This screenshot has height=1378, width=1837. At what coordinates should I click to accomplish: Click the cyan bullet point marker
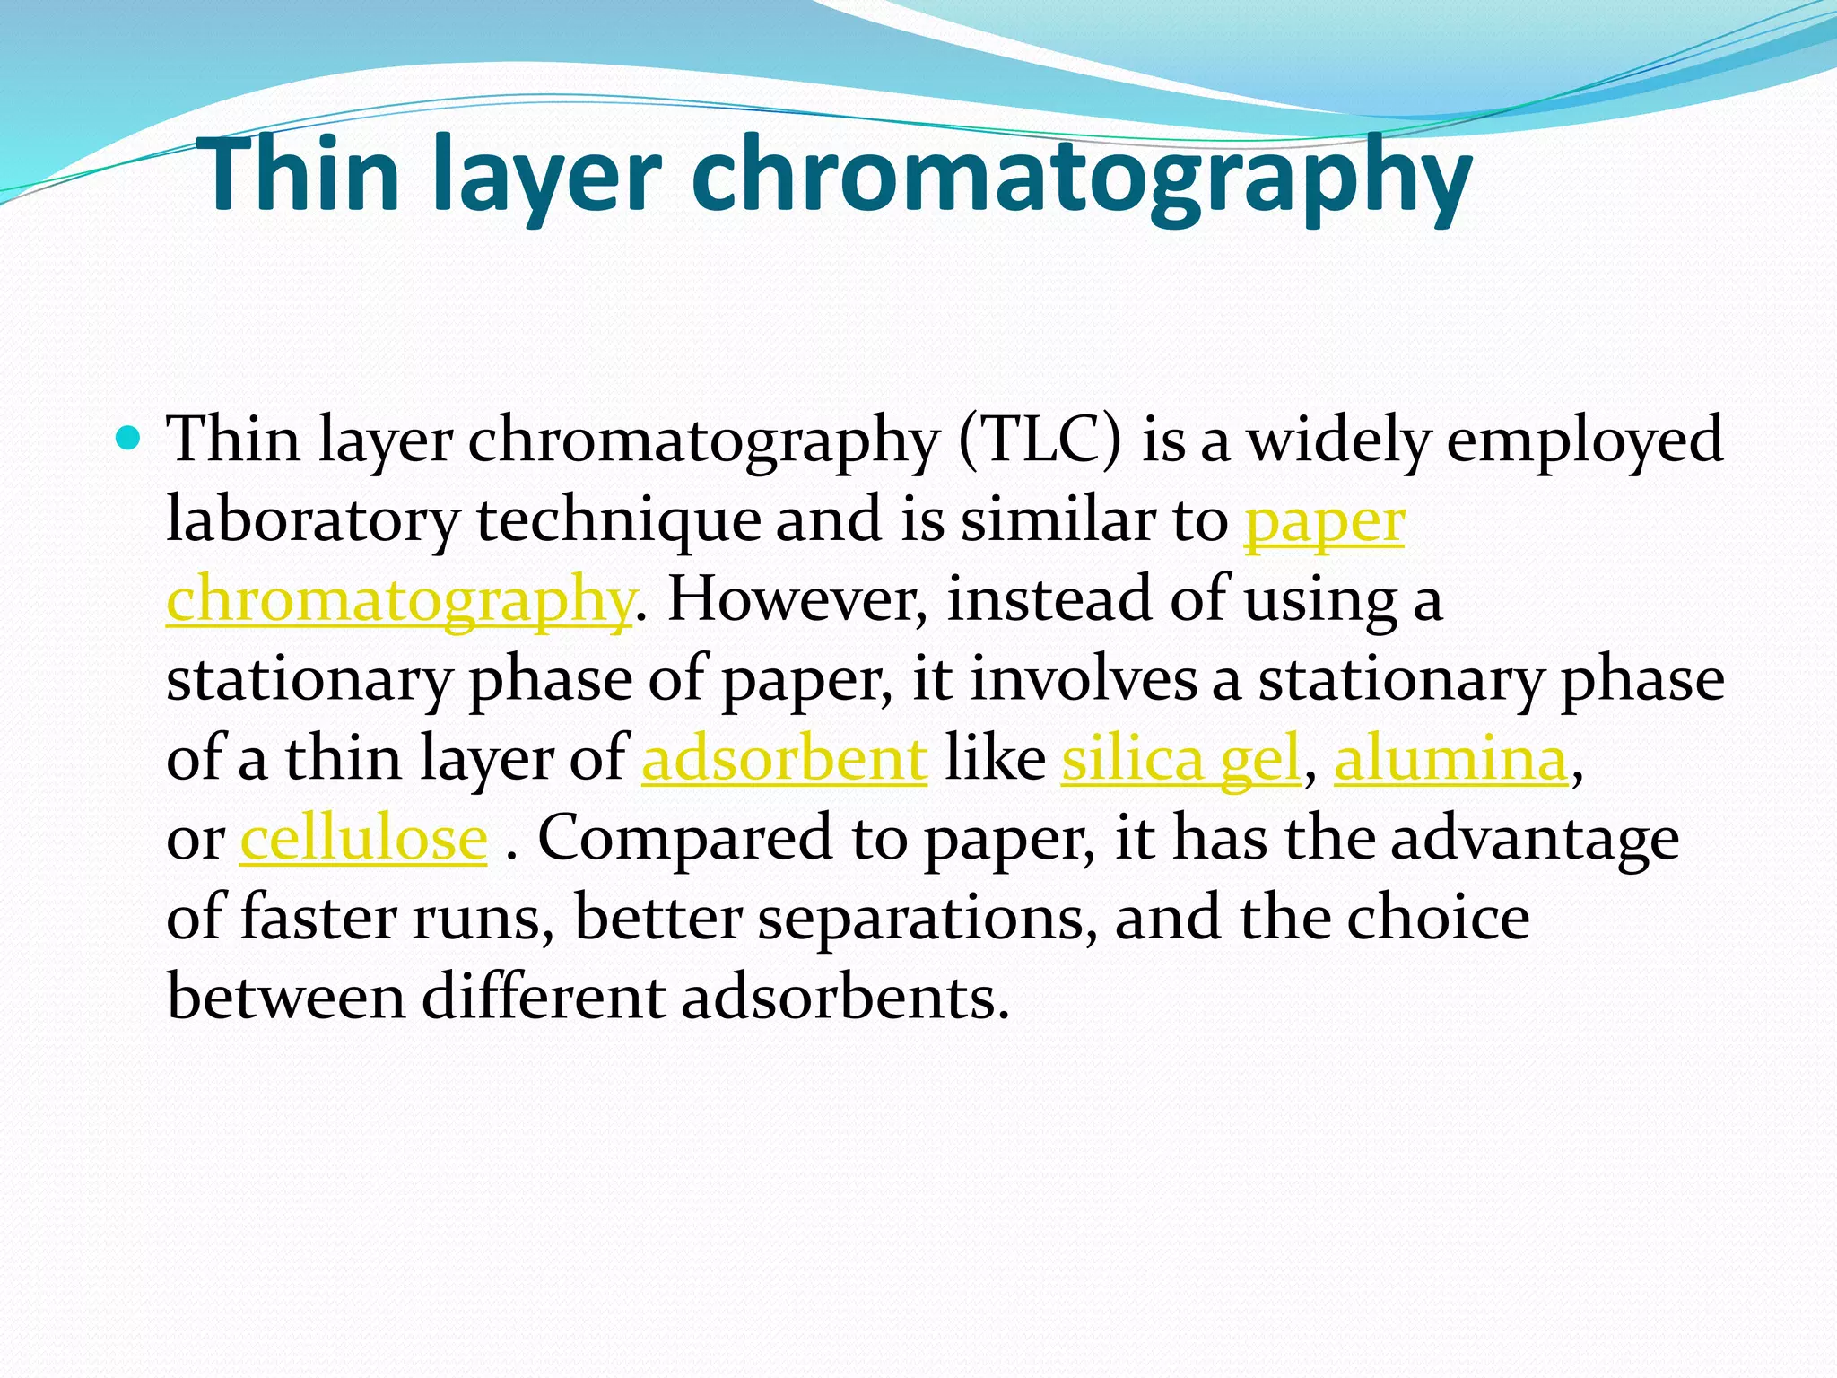click(129, 439)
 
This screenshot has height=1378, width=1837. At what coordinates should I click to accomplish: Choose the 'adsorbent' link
click(784, 759)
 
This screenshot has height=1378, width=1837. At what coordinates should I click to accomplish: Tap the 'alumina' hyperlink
click(1450, 759)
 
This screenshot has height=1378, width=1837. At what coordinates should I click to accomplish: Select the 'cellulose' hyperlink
click(363, 838)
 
